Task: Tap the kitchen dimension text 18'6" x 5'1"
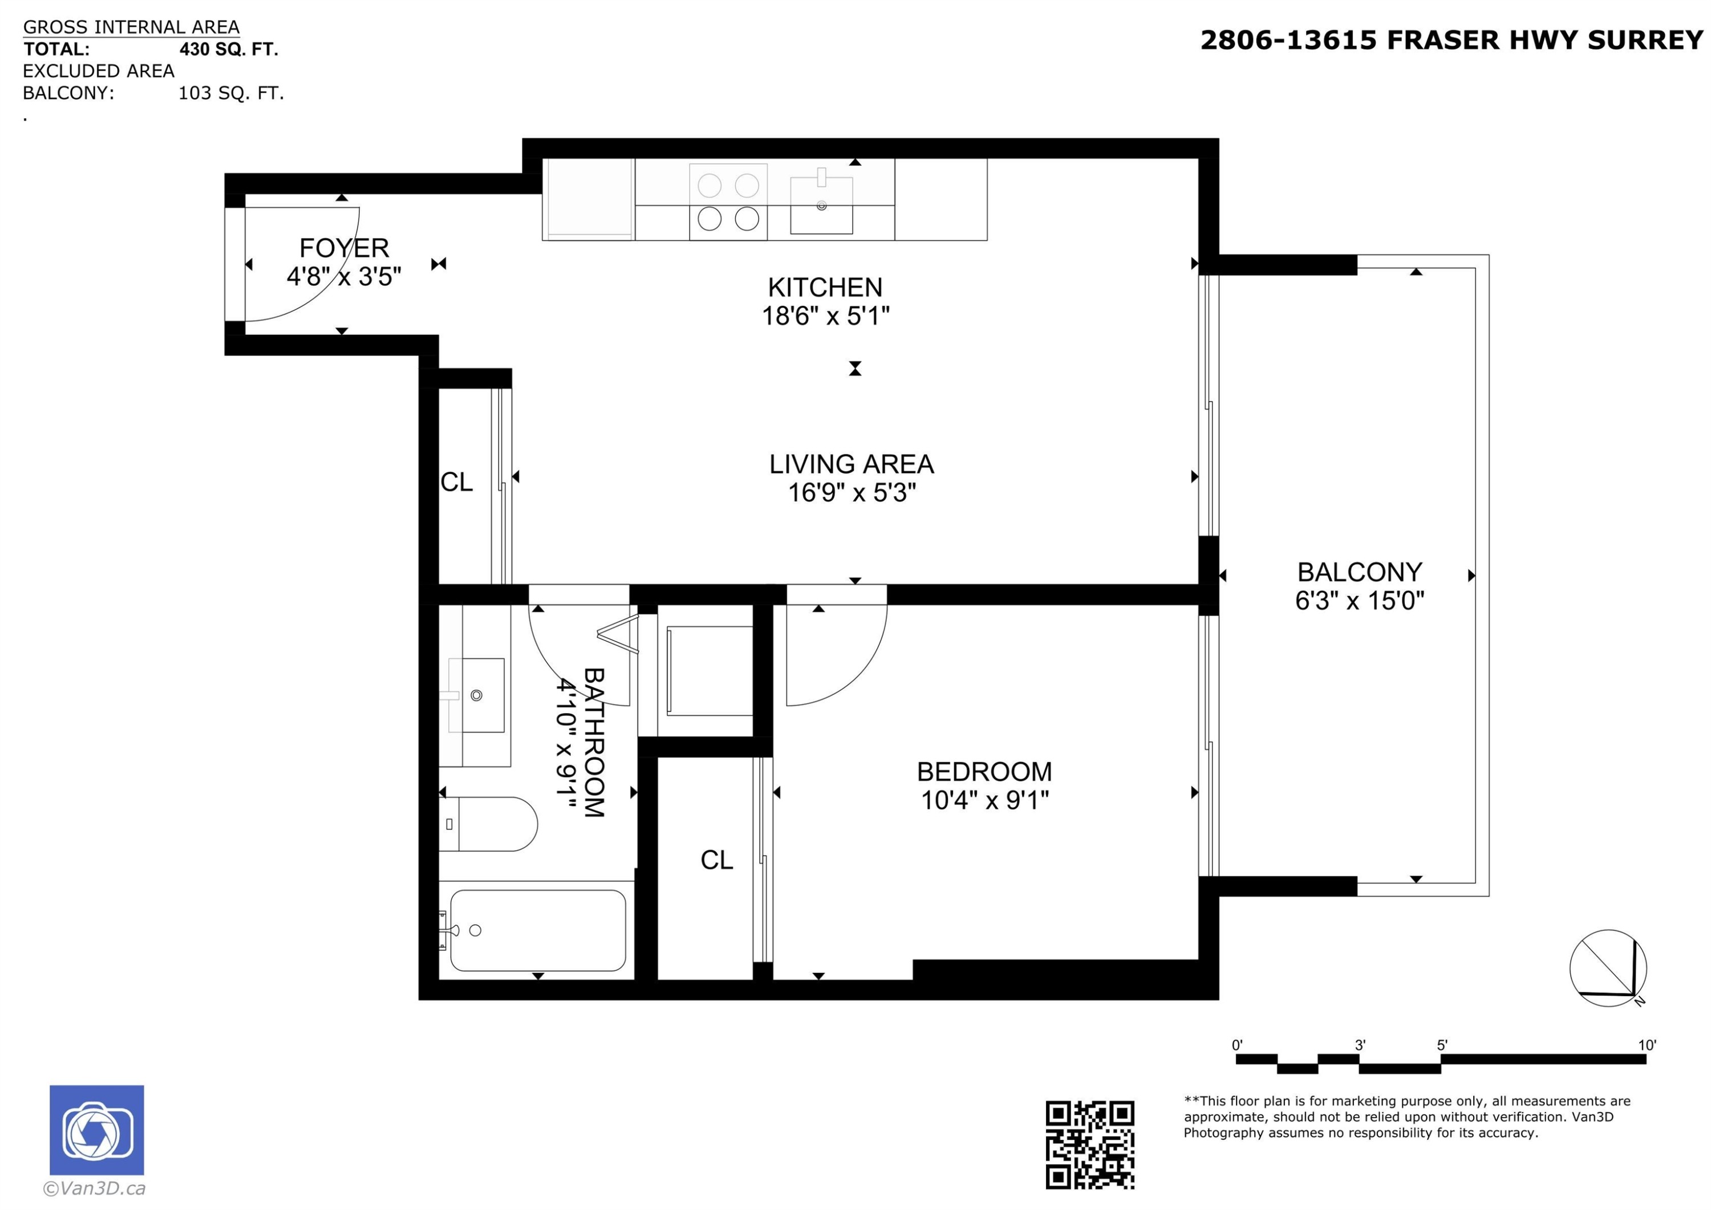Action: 825,316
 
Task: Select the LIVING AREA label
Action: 851,464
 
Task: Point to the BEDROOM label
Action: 984,772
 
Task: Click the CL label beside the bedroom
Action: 716,860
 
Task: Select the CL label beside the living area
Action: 456,483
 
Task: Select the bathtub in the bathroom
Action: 537,930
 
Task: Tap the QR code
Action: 1089,1144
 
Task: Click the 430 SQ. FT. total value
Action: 229,49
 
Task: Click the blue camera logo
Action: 97,1130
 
